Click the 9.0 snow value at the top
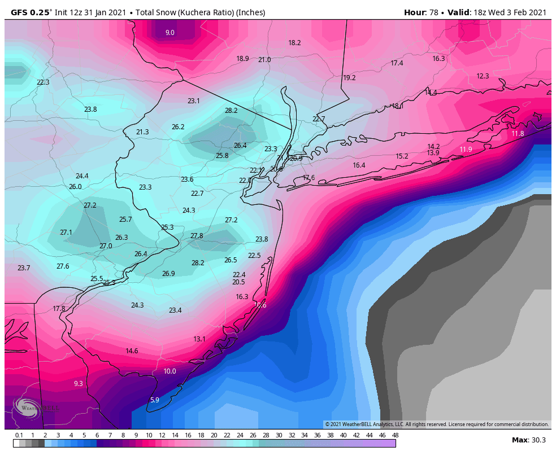click(x=170, y=33)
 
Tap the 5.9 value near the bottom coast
click(x=154, y=400)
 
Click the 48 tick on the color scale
click(x=395, y=435)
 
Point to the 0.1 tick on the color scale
click(x=19, y=435)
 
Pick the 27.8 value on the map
click(x=197, y=236)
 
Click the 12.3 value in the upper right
click(x=483, y=76)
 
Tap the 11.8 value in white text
click(x=518, y=134)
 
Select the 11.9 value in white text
click(x=466, y=150)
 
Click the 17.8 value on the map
click(x=59, y=309)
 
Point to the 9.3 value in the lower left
click(x=79, y=384)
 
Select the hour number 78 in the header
click(x=434, y=12)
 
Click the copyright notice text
click(x=437, y=424)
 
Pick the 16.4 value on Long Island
click(x=359, y=165)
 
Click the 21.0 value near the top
click(x=264, y=60)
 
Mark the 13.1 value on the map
click(x=199, y=339)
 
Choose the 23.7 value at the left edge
click(x=24, y=268)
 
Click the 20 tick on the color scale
click(x=214, y=435)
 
